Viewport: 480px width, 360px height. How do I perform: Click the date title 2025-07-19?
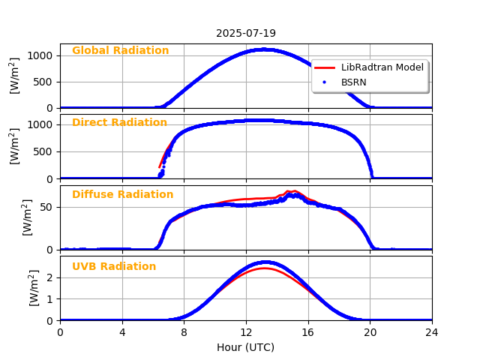tap(246, 33)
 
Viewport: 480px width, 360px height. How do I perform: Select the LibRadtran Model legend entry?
tap(382, 67)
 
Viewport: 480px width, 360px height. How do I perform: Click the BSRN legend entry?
tap(353, 82)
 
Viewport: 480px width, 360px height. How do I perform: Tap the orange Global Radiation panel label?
tap(120, 51)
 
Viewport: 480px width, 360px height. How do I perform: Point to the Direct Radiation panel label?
tap(119, 123)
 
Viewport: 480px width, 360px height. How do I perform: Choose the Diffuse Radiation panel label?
tap(122, 195)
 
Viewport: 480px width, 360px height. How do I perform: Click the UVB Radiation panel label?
tap(114, 267)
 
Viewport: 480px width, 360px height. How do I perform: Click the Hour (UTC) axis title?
tap(246, 347)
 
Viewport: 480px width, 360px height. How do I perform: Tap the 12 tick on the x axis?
tap(246, 332)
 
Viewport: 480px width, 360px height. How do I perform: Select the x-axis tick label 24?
tap(432, 332)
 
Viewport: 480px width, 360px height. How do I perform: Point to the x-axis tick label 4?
tap(122, 332)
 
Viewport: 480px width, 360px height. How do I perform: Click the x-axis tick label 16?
tap(308, 332)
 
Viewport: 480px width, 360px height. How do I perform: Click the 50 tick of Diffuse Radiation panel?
tap(48, 208)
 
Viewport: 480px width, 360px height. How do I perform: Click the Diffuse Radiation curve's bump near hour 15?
tap(292, 192)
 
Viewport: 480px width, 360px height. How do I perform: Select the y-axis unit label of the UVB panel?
tap(34, 288)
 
